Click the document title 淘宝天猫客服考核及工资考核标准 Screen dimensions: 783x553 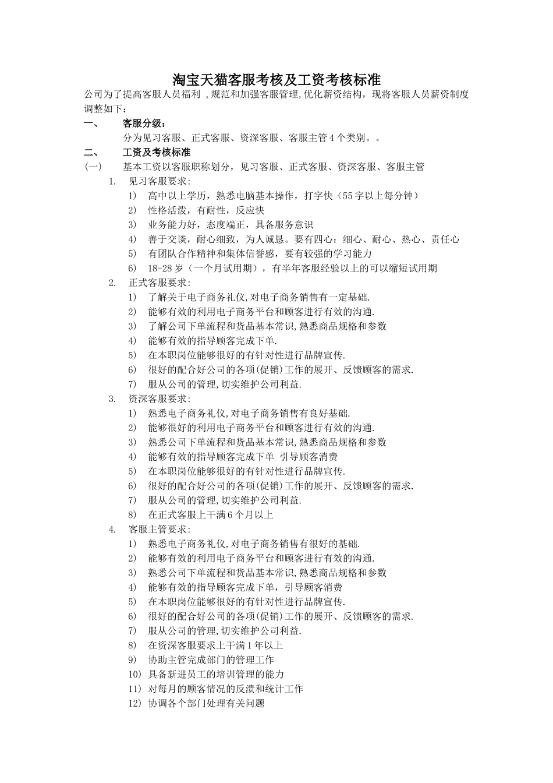tap(276, 80)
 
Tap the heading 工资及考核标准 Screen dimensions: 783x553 tap(157, 153)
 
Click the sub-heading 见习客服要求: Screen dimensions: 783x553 tap(159, 181)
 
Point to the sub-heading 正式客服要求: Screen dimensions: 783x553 tap(159, 283)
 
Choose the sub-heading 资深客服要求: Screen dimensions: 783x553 tap(159, 398)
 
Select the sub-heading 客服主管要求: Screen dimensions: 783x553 tap(159, 529)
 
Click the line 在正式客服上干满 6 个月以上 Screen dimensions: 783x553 tap(210, 514)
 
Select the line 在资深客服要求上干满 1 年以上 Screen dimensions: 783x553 tap(215, 645)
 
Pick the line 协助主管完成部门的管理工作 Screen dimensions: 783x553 tap(211, 659)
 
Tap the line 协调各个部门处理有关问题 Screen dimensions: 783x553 tap(206, 703)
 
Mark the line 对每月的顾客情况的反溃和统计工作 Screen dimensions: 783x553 tap(225, 689)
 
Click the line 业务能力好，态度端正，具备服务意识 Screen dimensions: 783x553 tap(230, 225)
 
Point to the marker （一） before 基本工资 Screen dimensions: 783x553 tap(93, 167)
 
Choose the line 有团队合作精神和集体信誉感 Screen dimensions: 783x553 tap(260, 253)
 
